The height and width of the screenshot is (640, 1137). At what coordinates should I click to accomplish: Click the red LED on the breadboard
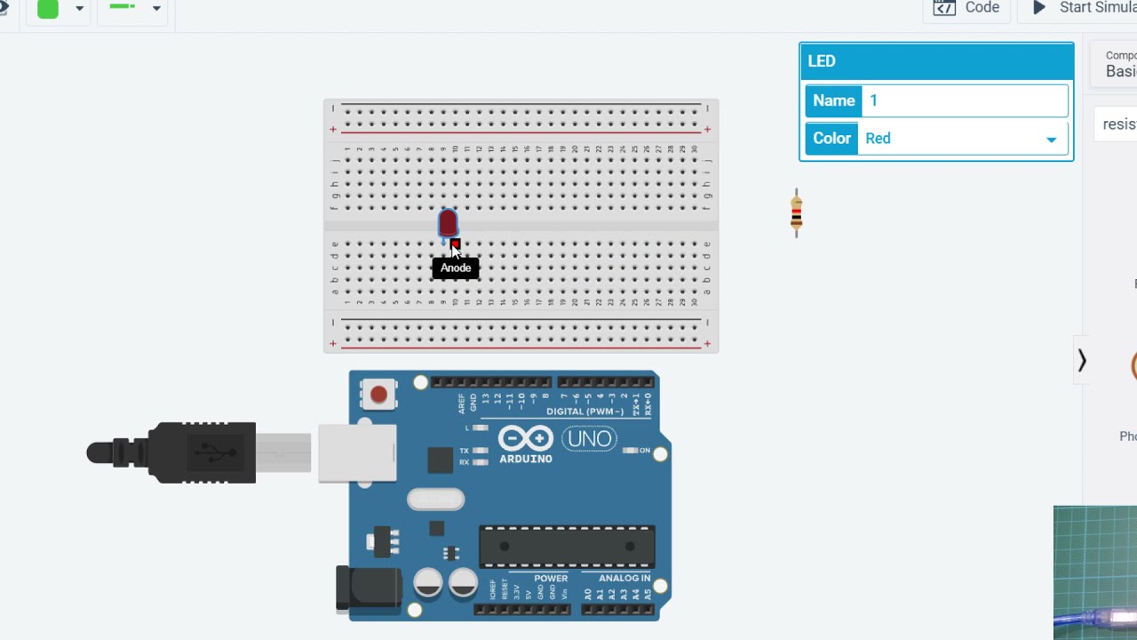point(448,222)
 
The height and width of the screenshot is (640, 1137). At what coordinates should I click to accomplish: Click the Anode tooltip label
point(456,268)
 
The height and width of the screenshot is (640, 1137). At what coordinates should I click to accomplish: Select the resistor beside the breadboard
point(797,213)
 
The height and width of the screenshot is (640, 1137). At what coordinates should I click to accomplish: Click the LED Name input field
point(965,100)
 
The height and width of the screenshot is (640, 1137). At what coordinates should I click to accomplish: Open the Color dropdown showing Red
point(963,139)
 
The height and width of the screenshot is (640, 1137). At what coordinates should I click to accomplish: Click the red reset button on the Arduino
point(378,394)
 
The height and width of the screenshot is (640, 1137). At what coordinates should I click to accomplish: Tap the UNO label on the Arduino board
point(589,438)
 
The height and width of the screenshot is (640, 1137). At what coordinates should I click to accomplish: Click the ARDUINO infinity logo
point(526,439)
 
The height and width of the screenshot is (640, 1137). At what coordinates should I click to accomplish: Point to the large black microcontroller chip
point(567,547)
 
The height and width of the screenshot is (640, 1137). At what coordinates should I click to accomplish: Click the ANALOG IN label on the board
point(624,579)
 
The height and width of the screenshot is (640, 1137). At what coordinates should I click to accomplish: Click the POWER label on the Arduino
point(551,579)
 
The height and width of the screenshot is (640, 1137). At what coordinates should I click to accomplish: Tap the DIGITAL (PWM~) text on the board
point(584,412)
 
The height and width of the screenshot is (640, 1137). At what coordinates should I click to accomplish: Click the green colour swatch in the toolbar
point(48,9)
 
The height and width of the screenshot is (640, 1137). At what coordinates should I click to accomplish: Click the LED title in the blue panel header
point(822,61)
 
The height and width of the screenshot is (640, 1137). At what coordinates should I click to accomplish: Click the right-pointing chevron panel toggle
point(1082,361)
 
